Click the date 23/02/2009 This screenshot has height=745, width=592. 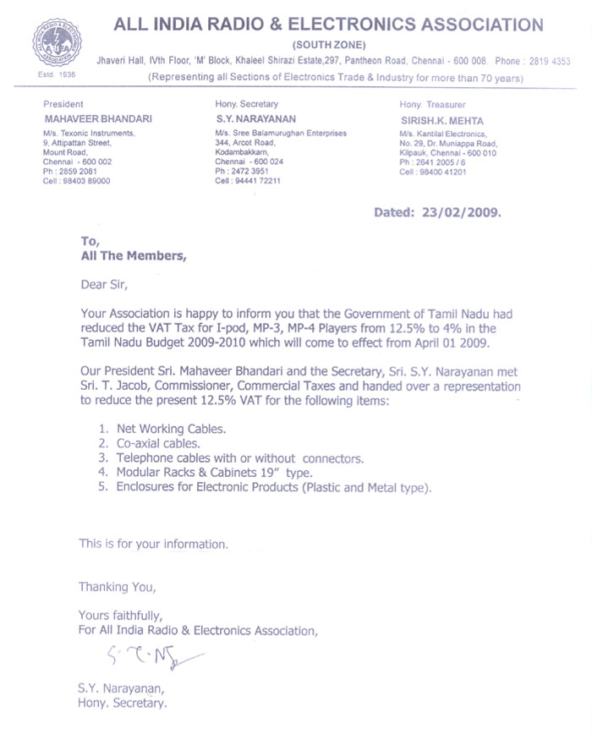click(x=462, y=213)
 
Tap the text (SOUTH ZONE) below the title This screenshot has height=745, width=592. click(x=329, y=43)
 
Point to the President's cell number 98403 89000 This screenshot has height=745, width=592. click(x=83, y=181)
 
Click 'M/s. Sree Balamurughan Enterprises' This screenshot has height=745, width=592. click(x=282, y=134)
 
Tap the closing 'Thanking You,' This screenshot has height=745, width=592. click(x=118, y=586)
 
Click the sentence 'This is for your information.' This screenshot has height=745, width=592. click(x=153, y=544)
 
